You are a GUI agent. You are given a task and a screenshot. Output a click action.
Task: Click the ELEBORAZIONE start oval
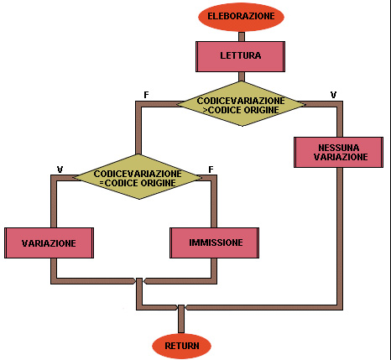(x=241, y=17)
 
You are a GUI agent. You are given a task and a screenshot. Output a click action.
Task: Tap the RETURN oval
(x=181, y=346)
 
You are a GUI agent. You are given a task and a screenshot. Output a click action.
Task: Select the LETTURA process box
(x=240, y=56)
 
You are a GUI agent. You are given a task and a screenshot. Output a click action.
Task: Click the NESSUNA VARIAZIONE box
(x=338, y=152)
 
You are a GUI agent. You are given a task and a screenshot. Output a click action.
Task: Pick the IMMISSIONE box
(x=214, y=243)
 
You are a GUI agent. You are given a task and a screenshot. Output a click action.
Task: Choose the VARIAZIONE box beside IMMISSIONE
(x=49, y=243)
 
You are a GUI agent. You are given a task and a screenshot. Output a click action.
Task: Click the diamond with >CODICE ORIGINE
(x=241, y=104)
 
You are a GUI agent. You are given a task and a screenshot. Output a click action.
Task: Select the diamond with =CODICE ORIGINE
(x=138, y=177)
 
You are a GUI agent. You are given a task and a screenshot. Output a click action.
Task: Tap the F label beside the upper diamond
(x=146, y=95)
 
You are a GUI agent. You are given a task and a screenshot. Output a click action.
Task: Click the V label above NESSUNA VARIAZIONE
(x=333, y=95)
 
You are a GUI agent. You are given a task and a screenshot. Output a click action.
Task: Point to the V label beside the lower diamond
(x=60, y=170)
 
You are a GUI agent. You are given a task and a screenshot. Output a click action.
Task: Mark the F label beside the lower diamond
(x=211, y=170)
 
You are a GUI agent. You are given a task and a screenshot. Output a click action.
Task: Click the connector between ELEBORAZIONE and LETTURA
(x=242, y=37)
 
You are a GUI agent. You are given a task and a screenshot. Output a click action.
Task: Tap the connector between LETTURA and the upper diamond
(x=242, y=76)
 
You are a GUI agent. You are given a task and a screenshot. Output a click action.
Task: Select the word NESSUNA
(x=338, y=148)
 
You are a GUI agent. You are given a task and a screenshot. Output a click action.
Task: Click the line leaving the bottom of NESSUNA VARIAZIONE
(x=340, y=237)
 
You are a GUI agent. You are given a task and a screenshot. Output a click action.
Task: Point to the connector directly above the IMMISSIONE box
(x=214, y=201)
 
